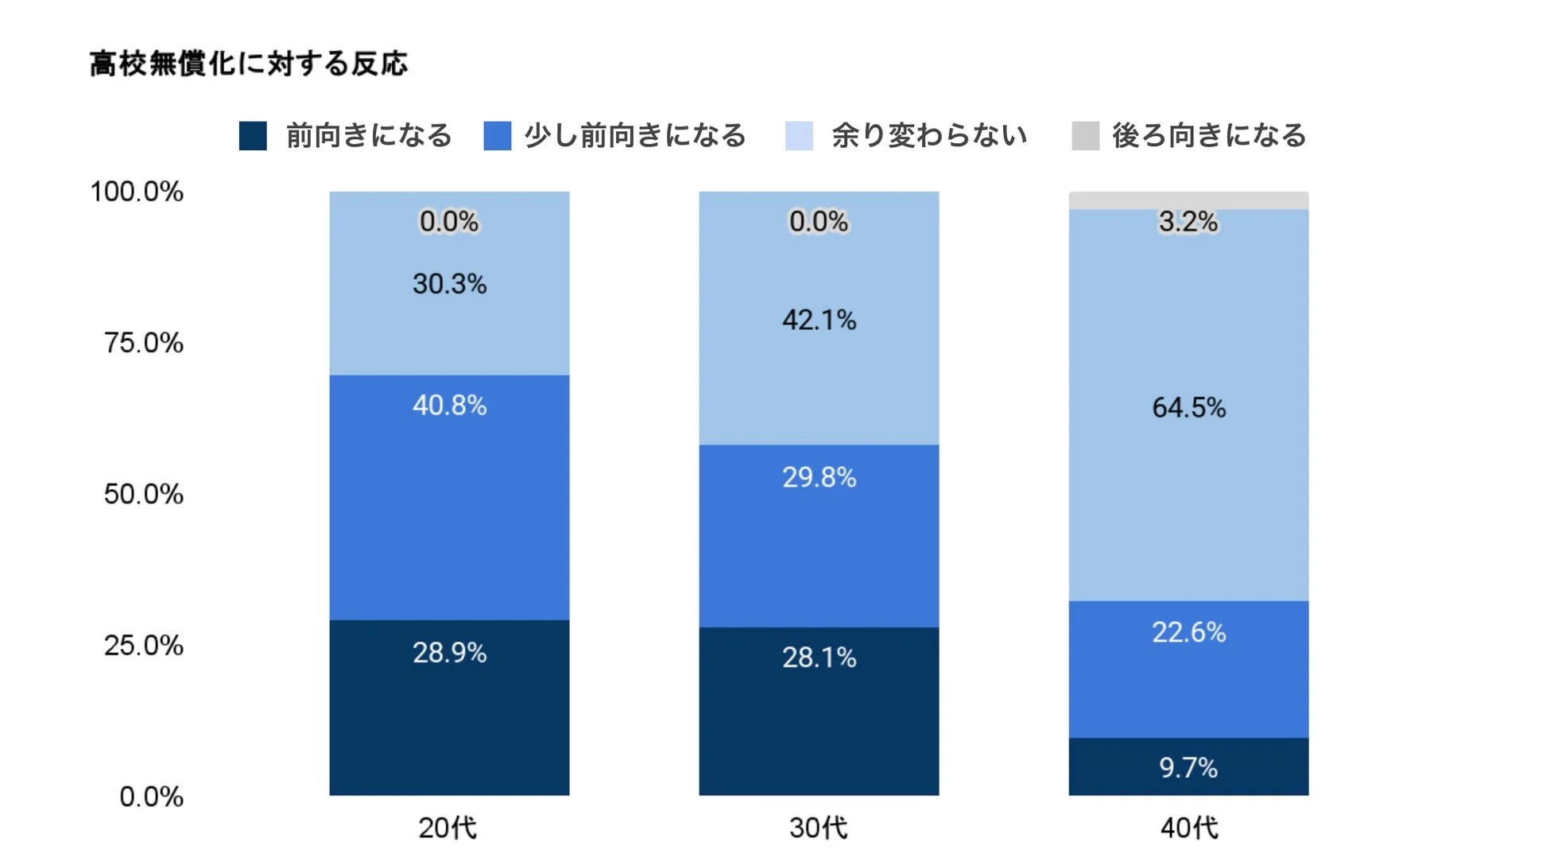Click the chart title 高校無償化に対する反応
point(248,64)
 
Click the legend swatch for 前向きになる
point(253,136)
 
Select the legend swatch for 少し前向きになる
point(497,136)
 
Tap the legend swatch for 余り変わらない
point(799,136)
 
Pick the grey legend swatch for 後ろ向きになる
point(1085,136)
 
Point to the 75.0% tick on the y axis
point(143,343)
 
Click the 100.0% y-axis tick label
point(137,192)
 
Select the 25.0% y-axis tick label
point(143,645)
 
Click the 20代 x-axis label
point(448,828)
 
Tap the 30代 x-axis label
point(818,828)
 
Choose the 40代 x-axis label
point(1188,828)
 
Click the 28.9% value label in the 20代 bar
point(449,653)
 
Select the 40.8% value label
point(449,406)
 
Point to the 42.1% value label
point(819,320)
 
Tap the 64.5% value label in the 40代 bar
point(1188,408)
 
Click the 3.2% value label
point(1188,222)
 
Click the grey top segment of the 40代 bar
point(1188,200)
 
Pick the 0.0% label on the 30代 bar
point(818,222)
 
